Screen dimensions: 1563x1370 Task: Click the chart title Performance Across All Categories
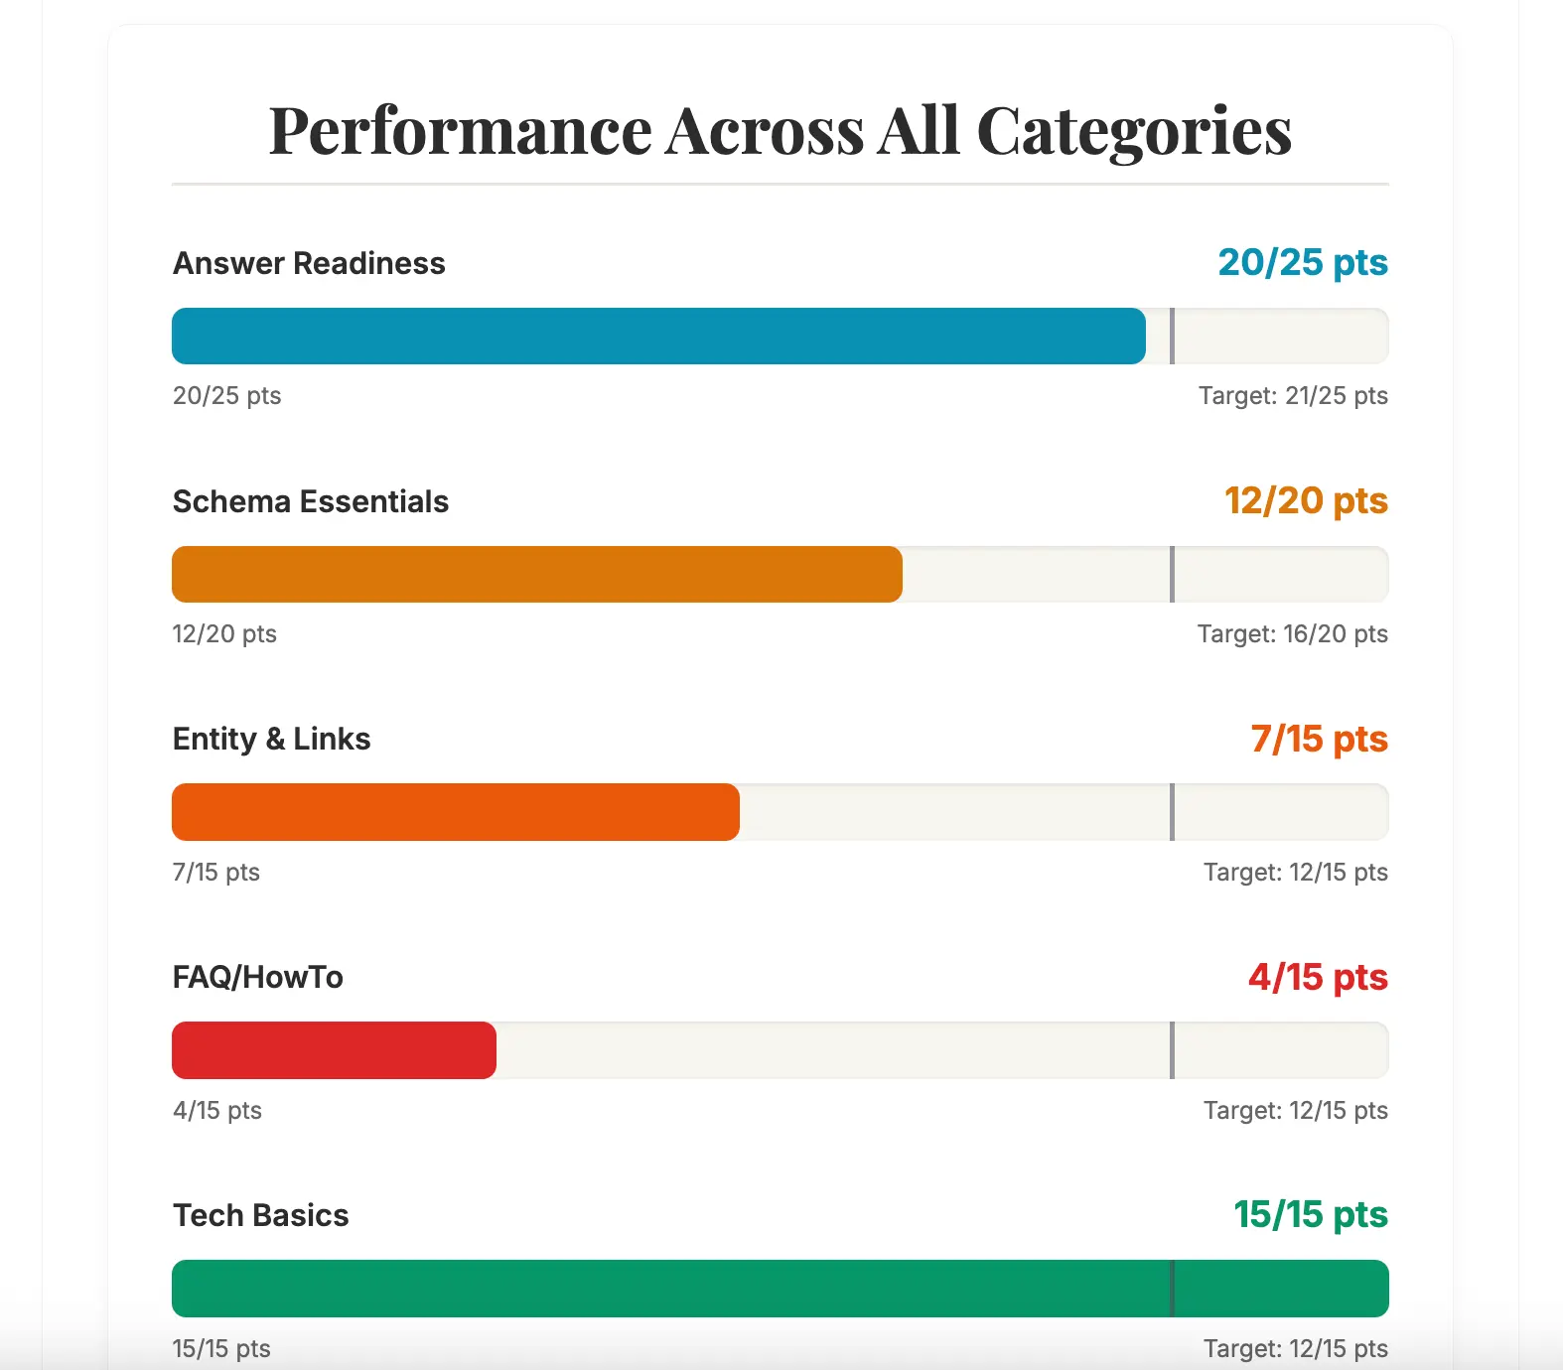click(x=781, y=131)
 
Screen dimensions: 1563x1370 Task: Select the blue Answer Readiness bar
click(x=658, y=336)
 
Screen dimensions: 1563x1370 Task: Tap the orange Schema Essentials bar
click(x=537, y=574)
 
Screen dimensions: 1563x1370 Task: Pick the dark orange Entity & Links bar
click(x=456, y=812)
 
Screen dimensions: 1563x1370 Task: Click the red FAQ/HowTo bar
click(x=334, y=1050)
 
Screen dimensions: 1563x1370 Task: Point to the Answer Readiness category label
click(x=309, y=263)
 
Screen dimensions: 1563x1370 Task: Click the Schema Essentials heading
click(x=311, y=501)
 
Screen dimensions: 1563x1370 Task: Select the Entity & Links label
click(x=271, y=739)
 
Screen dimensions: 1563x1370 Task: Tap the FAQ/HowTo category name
click(x=258, y=977)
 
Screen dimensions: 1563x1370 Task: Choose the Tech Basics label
click(x=261, y=1215)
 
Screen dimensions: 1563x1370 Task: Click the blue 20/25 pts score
click(x=1303, y=262)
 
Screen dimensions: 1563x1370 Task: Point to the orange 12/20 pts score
click(x=1306, y=500)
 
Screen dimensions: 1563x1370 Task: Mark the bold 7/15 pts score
click(x=1319, y=739)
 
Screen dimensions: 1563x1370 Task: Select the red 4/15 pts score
click(x=1318, y=977)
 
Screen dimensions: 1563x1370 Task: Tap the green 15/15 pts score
click(x=1311, y=1214)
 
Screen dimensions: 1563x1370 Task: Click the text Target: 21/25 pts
click(x=1293, y=395)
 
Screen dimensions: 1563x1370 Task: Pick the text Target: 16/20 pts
click(x=1293, y=633)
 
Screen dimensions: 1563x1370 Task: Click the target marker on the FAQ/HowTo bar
click(x=1172, y=1050)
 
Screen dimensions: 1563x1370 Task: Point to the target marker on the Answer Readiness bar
click(x=1172, y=336)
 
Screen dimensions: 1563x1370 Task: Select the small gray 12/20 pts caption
click(x=224, y=633)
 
